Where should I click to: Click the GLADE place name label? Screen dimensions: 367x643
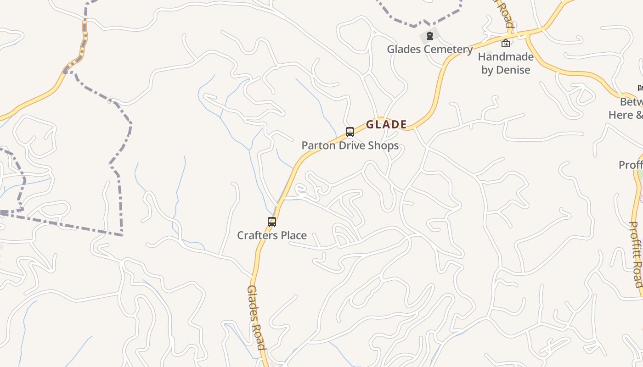(x=386, y=124)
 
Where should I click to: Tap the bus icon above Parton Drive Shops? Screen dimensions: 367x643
(x=350, y=132)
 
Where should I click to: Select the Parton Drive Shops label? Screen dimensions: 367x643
(x=350, y=146)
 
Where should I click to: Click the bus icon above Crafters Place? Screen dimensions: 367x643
(x=272, y=222)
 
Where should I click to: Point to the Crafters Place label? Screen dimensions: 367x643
(x=272, y=235)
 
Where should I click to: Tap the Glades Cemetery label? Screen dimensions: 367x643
(x=430, y=49)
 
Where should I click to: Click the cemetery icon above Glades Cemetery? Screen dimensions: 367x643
(x=430, y=35)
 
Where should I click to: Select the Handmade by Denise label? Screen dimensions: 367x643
(x=506, y=63)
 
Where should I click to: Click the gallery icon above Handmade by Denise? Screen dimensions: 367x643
(x=506, y=43)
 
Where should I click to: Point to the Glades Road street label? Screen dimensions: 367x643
(x=257, y=317)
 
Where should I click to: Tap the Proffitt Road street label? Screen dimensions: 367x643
(x=635, y=254)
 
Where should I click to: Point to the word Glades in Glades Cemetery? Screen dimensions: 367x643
(x=401, y=49)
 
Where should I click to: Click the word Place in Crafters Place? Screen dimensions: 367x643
(x=293, y=235)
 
